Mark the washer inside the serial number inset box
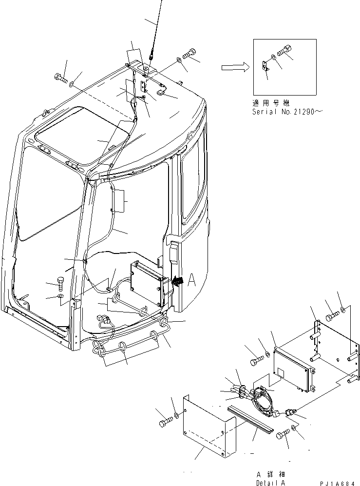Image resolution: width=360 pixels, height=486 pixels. click(x=275, y=58)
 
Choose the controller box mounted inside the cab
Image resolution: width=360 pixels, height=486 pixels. click(x=148, y=282)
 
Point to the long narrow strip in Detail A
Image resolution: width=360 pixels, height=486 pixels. click(x=253, y=417)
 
